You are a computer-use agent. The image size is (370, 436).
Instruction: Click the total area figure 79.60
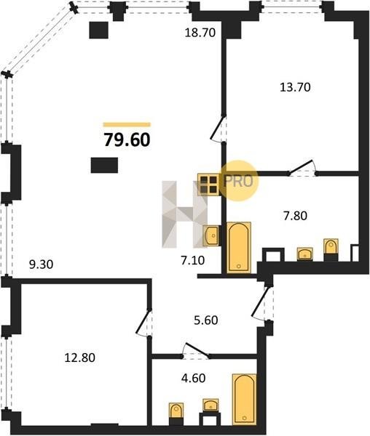click(127, 140)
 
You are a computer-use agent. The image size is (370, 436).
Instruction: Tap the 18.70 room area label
click(200, 33)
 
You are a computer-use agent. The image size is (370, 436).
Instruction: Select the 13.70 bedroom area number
click(295, 87)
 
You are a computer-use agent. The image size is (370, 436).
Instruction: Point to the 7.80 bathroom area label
click(295, 216)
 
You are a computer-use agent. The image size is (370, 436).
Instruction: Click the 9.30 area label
click(42, 265)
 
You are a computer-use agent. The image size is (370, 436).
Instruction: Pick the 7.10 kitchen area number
click(193, 261)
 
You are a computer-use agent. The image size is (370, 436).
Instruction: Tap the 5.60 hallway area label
click(206, 320)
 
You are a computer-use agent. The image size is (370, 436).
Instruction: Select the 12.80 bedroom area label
click(80, 358)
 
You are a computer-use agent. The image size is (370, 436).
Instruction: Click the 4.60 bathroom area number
click(194, 378)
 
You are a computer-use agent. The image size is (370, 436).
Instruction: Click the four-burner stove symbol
click(208, 185)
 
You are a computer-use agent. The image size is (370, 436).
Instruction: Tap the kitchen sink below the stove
click(211, 235)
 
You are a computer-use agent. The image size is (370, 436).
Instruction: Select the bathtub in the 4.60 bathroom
click(244, 399)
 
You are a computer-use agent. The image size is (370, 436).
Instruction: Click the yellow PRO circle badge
click(238, 181)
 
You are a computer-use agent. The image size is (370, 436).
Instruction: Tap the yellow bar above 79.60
click(127, 124)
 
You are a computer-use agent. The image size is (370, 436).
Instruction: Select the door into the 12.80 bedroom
click(143, 323)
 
